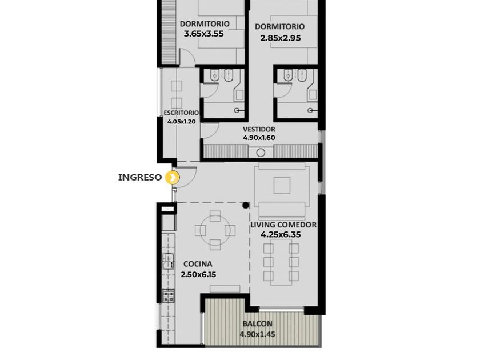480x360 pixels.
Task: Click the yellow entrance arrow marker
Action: click(x=172, y=178)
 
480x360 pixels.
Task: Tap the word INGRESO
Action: click(x=139, y=177)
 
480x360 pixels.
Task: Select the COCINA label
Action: click(x=198, y=264)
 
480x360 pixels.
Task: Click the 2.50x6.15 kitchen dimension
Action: click(x=198, y=275)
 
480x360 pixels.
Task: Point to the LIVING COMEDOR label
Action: click(x=283, y=225)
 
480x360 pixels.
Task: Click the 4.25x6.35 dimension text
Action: click(x=281, y=235)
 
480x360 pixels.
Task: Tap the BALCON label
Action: click(x=258, y=323)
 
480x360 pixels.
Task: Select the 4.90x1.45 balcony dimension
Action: click(x=257, y=334)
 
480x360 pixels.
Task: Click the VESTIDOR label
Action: click(x=259, y=130)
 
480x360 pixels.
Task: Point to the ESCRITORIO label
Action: click(x=181, y=113)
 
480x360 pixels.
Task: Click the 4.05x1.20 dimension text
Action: click(x=181, y=122)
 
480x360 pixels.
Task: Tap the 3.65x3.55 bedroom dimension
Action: click(x=203, y=34)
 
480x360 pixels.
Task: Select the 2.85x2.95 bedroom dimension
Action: click(x=281, y=38)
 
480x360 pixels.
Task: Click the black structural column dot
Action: click(x=246, y=205)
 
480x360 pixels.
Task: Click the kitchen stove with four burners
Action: click(x=168, y=295)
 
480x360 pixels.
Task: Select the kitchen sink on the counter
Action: click(x=168, y=261)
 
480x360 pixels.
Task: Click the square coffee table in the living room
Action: click(x=282, y=186)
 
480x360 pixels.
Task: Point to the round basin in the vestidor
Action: click(x=261, y=153)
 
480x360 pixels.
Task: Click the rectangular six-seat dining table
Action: click(x=281, y=262)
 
